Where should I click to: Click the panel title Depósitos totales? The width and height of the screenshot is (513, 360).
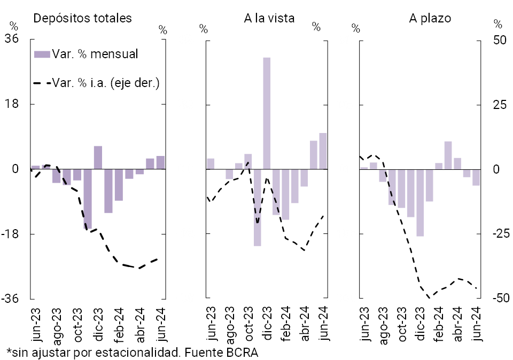pos(82,18)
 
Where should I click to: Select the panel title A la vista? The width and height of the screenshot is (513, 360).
pos(269,18)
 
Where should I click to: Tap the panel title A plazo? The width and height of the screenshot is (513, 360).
pos(430,18)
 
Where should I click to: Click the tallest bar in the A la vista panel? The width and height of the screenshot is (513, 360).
pos(266,113)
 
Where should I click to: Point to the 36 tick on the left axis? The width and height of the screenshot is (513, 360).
pos(12,39)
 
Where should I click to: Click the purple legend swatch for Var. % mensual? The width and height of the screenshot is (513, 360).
pos(42,54)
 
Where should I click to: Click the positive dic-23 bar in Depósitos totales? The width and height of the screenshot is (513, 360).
pos(98,158)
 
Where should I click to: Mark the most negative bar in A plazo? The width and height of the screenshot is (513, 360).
pos(420,202)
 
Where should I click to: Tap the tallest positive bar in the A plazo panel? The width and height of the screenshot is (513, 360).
pos(448,155)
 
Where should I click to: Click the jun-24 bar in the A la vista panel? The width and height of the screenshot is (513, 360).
pos(323,151)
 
